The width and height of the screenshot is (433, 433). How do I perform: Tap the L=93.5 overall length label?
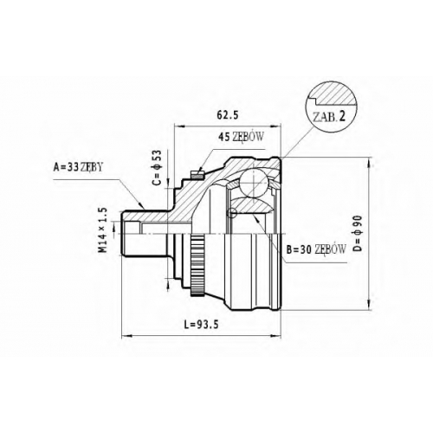(201, 325)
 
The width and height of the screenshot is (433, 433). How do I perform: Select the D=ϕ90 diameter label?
(358, 233)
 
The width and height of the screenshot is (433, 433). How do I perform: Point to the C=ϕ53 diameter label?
(157, 167)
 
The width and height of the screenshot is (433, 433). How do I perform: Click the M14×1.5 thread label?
(103, 230)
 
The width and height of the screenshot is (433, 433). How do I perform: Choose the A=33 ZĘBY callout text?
(78, 167)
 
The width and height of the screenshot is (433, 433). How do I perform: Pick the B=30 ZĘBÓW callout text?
(316, 249)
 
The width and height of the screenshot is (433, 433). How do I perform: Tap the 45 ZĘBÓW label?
(241, 137)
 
